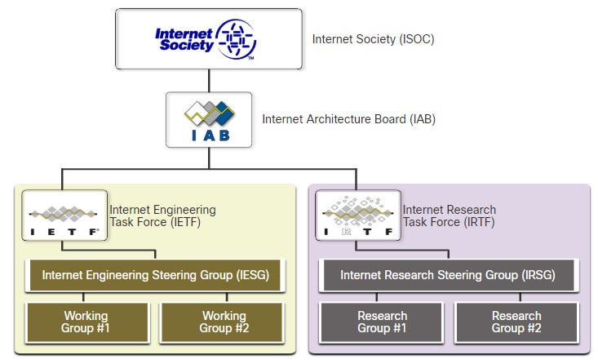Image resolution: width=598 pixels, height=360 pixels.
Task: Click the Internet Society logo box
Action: coord(209,39)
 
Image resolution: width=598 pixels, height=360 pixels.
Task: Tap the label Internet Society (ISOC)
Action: coord(373,39)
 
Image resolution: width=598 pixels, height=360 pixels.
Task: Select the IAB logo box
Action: coord(209,120)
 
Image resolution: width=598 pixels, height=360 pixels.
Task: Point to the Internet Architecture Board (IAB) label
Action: coord(348,119)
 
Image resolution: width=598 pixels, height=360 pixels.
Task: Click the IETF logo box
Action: coord(64,216)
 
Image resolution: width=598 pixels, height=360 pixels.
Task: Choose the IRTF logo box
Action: coord(357,216)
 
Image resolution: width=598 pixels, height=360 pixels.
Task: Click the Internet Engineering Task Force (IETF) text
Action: coord(163,216)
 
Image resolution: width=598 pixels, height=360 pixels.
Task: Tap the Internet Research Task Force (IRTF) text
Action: coord(450,216)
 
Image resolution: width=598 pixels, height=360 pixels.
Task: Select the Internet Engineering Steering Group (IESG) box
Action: coord(155,275)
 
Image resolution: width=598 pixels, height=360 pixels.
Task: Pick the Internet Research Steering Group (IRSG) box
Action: coord(449,275)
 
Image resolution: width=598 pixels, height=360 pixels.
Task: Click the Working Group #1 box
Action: coord(87,322)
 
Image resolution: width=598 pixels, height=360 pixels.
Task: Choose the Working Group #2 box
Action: coord(223,322)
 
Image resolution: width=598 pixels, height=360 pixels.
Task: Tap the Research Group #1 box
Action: coord(381,322)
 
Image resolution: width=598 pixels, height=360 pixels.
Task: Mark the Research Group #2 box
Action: coord(516,322)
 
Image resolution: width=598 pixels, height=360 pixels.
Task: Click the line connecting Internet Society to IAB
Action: coord(209,81)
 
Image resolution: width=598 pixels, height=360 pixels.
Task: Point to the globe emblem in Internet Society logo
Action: coord(236,39)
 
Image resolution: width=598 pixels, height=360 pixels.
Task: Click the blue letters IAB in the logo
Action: coord(210,136)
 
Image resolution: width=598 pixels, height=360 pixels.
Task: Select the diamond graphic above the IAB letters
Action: coord(209,113)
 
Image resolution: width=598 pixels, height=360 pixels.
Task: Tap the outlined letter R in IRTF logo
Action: coord(346,231)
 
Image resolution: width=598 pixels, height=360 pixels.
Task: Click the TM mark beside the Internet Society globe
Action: coord(251,58)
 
